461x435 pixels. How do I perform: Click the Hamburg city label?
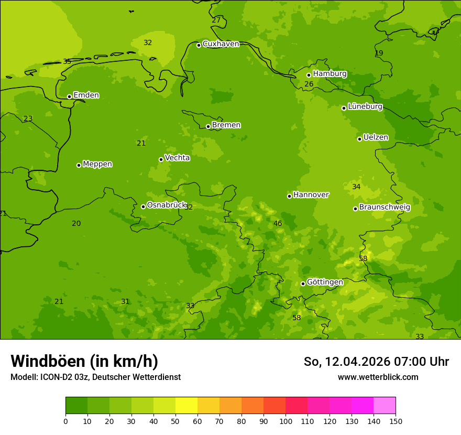click(x=330, y=74)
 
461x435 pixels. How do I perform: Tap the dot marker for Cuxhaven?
click(x=199, y=45)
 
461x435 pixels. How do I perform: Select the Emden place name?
click(x=86, y=95)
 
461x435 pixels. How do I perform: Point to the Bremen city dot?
click(x=208, y=126)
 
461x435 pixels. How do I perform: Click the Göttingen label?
click(x=325, y=282)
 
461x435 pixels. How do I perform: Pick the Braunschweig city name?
click(x=385, y=208)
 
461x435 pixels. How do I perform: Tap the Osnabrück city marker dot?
click(x=143, y=206)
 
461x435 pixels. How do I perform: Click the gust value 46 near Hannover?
click(x=278, y=224)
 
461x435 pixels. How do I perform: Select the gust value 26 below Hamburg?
click(x=309, y=84)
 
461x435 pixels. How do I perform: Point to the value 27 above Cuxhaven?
click(x=216, y=20)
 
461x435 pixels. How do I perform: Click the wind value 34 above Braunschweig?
click(x=356, y=187)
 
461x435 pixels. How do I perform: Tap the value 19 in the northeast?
click(x=379, y=53)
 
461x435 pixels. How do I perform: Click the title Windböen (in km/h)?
click(x=84, y=361)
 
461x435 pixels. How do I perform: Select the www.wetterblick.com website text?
click(x=378, y=377)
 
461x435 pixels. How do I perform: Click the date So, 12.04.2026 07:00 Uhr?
click(x=376, y=362)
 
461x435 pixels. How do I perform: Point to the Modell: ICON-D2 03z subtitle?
click(x=95, y=377)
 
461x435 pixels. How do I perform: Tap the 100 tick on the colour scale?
click(x=286, y=421)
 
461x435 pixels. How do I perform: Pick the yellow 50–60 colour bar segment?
click(x=186, y=406)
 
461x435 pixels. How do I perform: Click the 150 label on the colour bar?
click(x=396, y=421)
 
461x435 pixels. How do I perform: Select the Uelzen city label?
click(x=376, y=138)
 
